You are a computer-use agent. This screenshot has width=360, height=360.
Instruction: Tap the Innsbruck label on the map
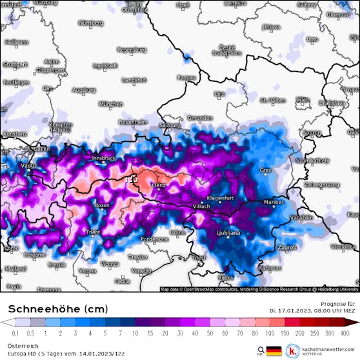click(x=103, y=157)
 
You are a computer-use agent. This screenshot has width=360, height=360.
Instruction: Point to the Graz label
click(x=265, y=170)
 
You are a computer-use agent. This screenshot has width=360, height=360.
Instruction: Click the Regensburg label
click(x=132, y=50)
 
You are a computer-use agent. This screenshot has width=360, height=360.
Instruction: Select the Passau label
click(x=186, y=77)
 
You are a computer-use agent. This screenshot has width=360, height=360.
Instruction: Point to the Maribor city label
click(x=274, y=202)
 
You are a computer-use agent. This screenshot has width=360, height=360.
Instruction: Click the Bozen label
click(x=103, y=205)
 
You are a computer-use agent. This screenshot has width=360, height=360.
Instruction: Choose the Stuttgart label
click(x=14, y=65)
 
